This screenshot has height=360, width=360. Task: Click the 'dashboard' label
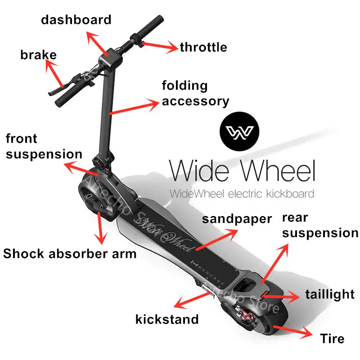76,20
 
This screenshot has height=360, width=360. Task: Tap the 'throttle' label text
203,47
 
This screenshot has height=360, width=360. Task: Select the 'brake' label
38,55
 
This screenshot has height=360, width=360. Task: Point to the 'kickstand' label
167,319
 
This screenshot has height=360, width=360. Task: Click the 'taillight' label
330,294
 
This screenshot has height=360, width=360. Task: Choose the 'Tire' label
332,338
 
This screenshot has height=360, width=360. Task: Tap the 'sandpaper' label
237,219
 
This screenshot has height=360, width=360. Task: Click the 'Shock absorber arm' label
70,253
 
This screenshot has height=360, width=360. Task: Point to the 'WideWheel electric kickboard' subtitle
242,194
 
